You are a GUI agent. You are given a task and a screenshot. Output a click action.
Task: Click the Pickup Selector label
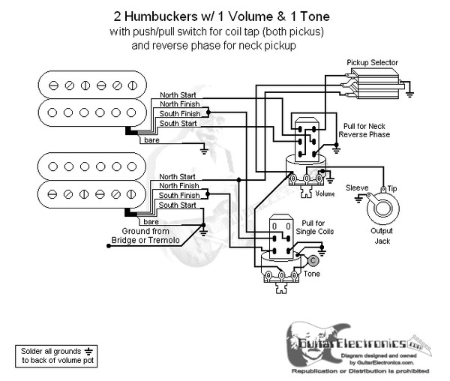point(372,62)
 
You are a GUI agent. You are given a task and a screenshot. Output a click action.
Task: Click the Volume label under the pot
point(325,193)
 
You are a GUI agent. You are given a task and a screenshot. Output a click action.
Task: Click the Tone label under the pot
point(311,274)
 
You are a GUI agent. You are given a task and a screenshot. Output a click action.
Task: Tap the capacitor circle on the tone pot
point(312,260)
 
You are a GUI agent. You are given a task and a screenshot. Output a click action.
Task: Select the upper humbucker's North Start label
point(178,95)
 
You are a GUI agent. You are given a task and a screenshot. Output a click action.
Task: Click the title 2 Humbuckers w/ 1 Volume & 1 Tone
point(223,15)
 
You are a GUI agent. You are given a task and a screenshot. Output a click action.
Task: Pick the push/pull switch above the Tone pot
point(282,235)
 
